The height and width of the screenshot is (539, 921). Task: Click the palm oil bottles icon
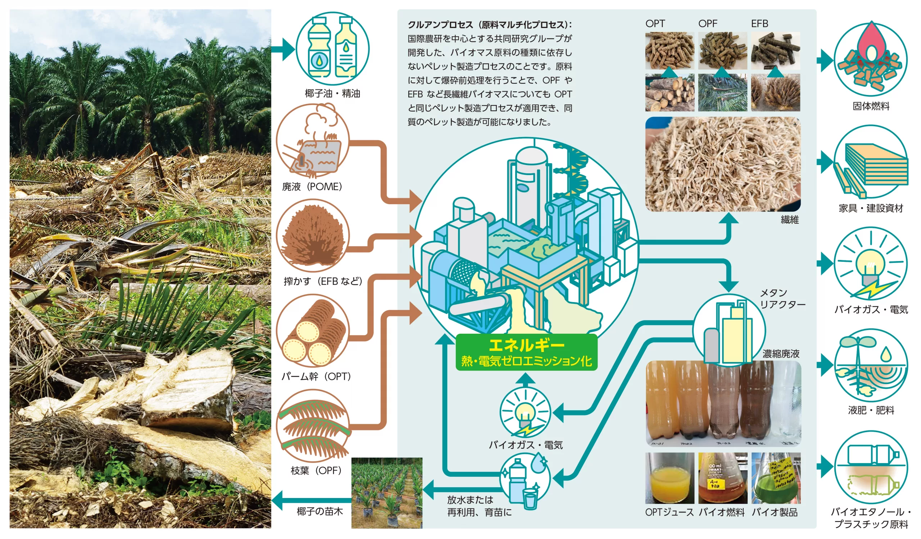[x=332, y=49]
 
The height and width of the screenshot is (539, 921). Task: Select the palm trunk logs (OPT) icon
[x=313, y=331]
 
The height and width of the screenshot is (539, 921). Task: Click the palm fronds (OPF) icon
[x=313, y=426]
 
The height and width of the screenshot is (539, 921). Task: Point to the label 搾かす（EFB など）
[x=323, y=281]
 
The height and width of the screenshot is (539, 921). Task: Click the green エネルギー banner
[x=527, y=352]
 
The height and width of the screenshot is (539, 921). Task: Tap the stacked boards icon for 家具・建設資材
[x=871, y=162]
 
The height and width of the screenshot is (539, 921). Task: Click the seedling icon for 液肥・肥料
[x=871, y=366]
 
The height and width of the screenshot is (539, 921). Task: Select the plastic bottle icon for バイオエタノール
[x=871, y=468]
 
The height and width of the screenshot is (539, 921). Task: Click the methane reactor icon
[x=729, y=331]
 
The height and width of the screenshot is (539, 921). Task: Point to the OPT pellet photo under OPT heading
[x=670, y=51]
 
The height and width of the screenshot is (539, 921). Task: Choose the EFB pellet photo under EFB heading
[x=776, y=51]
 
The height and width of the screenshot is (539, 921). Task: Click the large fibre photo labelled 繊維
[x=723, y=164]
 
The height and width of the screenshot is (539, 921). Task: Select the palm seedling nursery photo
[x=387, y=493]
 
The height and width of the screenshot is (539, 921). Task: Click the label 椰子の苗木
[x=320, y=512]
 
